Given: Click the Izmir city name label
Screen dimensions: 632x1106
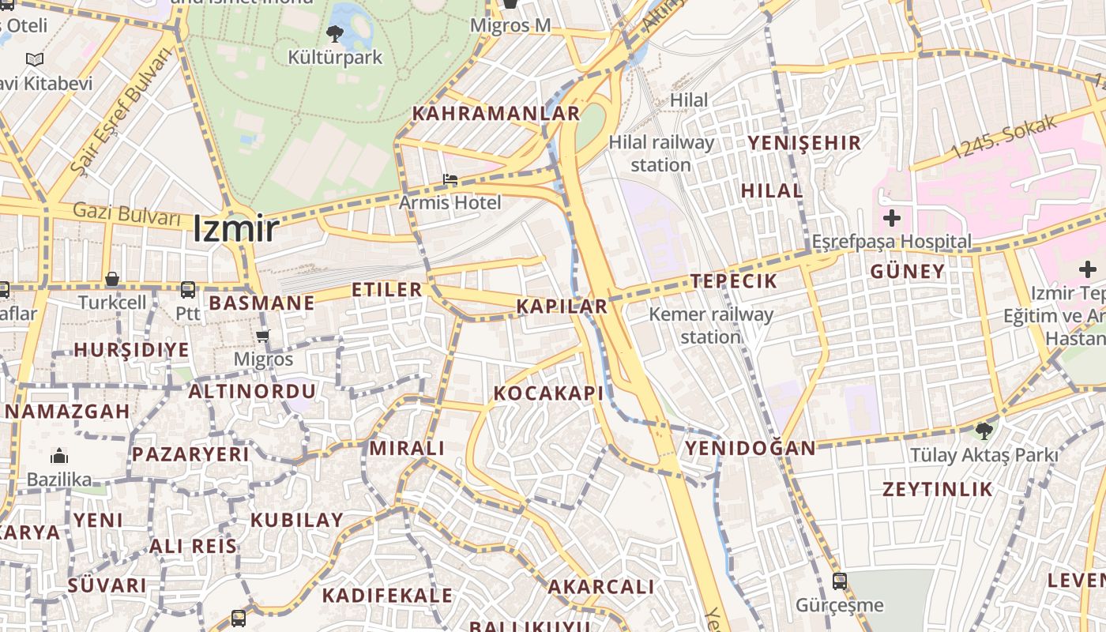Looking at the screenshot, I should point(235,229).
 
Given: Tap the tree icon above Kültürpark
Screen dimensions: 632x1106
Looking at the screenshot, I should point(335,33).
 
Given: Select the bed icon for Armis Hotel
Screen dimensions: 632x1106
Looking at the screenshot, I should point(450,179).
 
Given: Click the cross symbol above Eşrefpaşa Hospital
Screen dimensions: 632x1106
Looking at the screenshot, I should point(892,218).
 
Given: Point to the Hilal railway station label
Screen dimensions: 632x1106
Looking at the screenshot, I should point(661,154).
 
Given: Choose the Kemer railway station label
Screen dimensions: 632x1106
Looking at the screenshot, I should point(711,325).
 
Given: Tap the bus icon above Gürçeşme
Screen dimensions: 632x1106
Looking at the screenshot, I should point(840,581).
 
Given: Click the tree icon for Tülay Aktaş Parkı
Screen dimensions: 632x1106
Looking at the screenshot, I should point(984,431).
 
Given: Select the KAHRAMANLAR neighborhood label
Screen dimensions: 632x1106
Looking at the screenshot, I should point(496,114).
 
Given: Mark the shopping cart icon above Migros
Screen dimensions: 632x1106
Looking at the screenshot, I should point(263,336).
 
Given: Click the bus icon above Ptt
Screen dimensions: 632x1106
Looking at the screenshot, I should point(188,290).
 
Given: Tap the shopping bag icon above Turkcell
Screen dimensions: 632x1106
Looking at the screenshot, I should point(112,279).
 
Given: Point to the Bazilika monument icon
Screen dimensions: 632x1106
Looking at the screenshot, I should point(59,456).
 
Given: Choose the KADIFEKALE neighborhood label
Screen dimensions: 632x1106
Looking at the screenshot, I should point(387,596).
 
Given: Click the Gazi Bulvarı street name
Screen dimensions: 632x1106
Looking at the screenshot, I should point(126,213).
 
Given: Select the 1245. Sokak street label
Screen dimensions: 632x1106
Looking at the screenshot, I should point(1003,137).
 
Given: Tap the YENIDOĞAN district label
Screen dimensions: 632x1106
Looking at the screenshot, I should point(750,449).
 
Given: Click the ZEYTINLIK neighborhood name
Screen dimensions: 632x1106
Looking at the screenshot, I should point(937,489).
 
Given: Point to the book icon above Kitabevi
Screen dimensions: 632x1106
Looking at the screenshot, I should point(35,59).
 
